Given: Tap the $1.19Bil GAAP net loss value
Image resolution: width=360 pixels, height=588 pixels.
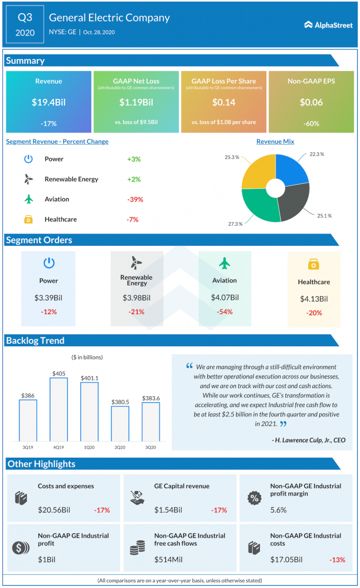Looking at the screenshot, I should coord(136,103).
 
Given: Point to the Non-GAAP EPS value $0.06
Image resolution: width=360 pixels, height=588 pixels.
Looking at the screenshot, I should coord(311,103).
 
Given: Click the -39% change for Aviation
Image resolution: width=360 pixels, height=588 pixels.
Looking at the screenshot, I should coord(135,199).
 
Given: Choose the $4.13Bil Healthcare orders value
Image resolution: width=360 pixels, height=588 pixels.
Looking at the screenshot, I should coord(313,299).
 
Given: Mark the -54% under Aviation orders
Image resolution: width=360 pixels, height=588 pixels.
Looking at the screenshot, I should coord(224,312).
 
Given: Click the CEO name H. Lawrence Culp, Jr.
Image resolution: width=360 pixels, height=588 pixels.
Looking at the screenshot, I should coord(308,440).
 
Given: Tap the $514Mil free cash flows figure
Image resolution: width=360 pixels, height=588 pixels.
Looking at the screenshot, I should coord(167,559).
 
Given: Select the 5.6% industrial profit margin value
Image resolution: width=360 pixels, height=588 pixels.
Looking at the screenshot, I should coord(279,509).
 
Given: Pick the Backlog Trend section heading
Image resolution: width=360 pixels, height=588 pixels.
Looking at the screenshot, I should coord(36,341).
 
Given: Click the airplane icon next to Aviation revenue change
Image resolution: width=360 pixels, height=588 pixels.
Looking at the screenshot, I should coord(28,199).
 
